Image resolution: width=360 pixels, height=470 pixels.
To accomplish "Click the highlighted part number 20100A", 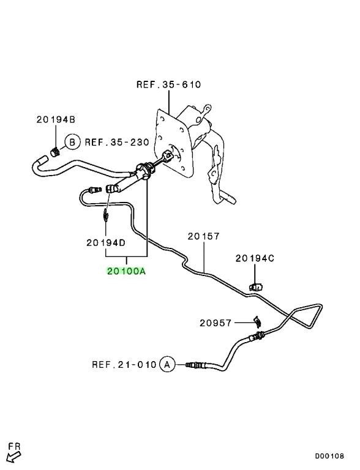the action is tap(126, 271).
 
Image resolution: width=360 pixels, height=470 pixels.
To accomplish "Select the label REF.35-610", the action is tap(168, 84).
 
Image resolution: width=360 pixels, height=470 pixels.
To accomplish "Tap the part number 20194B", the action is tap(56, 119).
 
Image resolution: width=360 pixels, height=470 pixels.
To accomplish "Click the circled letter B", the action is tap(72, 142).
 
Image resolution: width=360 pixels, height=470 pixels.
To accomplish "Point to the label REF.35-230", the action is tap(117, 142).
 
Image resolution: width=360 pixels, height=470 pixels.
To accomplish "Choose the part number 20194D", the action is tap(106, 242).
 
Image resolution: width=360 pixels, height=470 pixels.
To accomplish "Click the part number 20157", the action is tap(204, 236).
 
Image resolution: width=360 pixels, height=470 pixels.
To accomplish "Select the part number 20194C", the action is tap(255, 258).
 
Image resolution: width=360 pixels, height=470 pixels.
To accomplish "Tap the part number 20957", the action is tap(216, 323).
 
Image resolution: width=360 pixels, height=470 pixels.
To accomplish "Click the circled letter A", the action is tap(167, 365).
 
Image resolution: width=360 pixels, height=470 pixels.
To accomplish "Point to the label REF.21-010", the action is tap(124, 365).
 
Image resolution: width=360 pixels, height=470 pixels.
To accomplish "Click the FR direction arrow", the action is tap(13, 457).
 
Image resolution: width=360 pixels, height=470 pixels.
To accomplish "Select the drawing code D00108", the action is tap(329, 456).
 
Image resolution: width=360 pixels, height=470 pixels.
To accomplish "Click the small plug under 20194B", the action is tap(54, 152).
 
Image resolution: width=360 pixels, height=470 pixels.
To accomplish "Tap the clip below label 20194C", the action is tap(255, 287).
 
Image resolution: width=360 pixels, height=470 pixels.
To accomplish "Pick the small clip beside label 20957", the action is tap(257, 322).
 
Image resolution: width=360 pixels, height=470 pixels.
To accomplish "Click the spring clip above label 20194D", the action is tap(105, 215).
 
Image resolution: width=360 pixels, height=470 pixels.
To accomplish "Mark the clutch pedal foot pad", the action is tap(225, 198).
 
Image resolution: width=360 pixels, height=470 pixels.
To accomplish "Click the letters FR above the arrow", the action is tap(14, 446).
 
